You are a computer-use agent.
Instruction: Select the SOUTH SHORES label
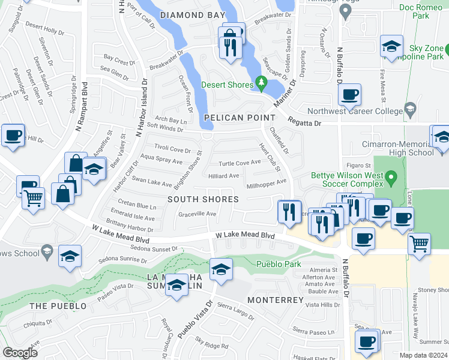pos(203,199)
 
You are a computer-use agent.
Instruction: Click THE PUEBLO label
pos(58,305)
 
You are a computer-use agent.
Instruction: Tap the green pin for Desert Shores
pos(261,82)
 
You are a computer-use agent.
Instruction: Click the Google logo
pos(20,353)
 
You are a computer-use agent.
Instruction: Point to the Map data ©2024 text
pos(424,355)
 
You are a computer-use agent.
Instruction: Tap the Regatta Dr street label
pos(305,123)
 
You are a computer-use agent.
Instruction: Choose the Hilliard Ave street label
pos(223,176)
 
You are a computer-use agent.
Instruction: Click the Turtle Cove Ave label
pos(240,163)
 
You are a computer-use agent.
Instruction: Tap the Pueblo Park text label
pos(277,263)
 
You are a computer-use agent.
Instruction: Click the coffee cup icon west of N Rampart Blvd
pos(13,135)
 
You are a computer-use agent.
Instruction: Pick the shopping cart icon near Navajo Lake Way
pos(419,244)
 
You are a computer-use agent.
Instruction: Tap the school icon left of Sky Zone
pos(391,46)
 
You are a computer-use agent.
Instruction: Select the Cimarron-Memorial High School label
pos(397,148)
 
